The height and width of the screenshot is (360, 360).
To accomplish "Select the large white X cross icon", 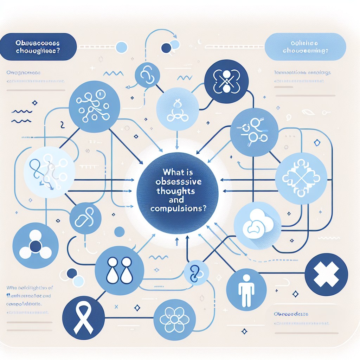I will click(x=326, y=274).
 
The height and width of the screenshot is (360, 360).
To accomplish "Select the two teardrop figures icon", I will click(x=119, y=270).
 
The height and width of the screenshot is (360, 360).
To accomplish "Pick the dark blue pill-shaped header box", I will click(x=38, y=46).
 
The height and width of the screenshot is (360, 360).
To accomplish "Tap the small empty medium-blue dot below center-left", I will click(x=120, y=232).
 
